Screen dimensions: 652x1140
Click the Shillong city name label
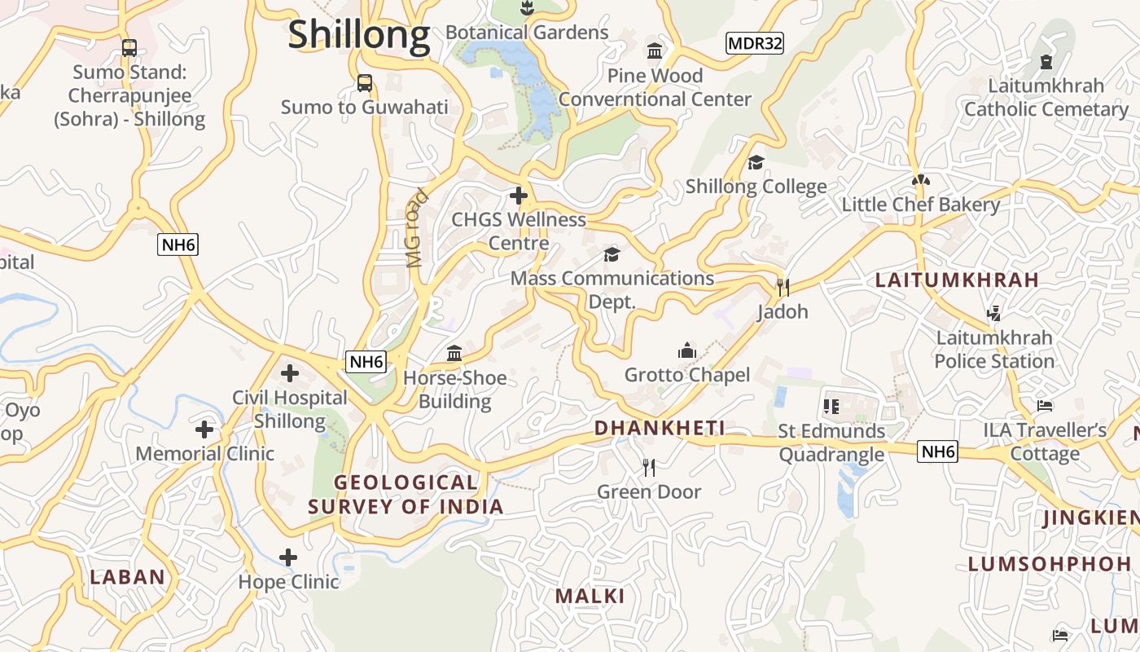pos(359,35)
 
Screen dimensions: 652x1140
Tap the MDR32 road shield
pos(754,43)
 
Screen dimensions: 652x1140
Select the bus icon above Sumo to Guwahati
pos(365,83)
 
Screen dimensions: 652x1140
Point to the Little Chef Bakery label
pos(920,205)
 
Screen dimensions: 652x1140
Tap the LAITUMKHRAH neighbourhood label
pos(957,280)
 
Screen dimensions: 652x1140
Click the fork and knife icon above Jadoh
pos(783,288)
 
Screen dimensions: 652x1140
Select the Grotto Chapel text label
pos(686,375)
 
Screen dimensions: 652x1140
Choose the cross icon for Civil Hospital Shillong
pos(289,374)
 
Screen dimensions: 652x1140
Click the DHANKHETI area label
pos(660,428)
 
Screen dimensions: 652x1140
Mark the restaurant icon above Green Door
pos(648,468)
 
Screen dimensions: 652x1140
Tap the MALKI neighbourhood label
pos(590,596)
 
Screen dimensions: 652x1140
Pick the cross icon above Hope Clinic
pos(288,558)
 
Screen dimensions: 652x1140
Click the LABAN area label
pos(128,577)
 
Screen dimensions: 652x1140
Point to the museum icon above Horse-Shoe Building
pos(454,354)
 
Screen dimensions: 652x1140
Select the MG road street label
pos(416,229)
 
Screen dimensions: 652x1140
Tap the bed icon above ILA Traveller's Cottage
pos(1045,406)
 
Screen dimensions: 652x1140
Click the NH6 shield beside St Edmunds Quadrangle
pos(937,452)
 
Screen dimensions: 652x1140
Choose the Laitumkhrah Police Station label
pos(993,349)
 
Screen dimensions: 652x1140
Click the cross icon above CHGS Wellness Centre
pos(518,196)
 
